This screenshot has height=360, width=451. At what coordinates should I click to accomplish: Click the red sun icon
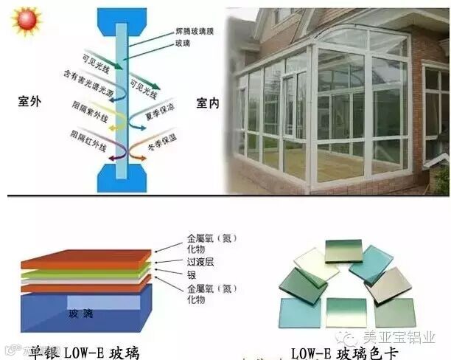27,19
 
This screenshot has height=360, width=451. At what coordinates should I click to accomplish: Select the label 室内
208,103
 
